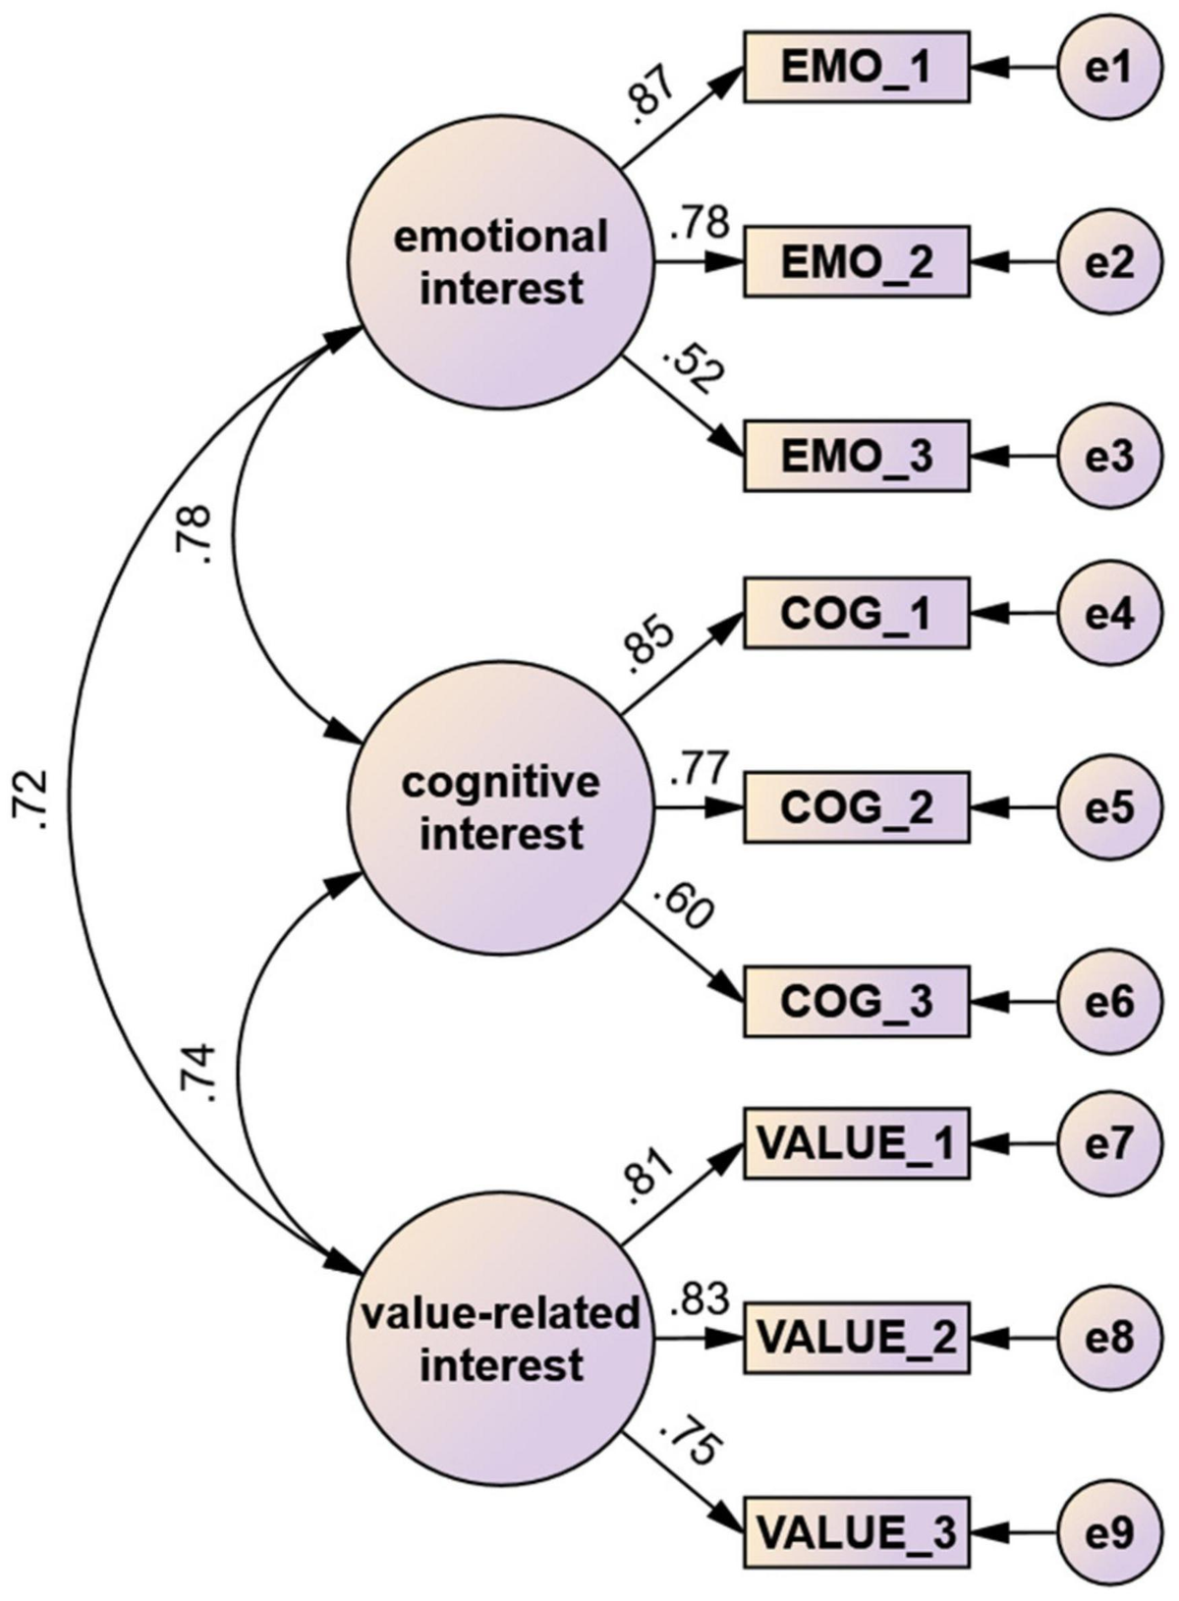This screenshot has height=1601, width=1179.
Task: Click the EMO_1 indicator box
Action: point(856,68)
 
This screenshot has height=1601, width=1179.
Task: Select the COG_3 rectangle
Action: point(856,1001)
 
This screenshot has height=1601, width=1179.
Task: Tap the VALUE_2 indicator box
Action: point(856,1337)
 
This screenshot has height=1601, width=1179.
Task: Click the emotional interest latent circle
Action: point(501,262)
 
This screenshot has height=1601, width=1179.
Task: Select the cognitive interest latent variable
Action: point(501,807)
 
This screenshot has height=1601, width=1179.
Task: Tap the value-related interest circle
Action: point(501,1337)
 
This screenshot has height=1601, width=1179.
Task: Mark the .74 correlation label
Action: point(197,1076)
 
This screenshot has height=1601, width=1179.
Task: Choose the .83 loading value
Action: point(699,1301)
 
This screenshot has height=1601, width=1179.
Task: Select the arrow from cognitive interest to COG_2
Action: point(700,809)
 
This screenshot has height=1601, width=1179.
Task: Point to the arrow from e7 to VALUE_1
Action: point(1017,1144)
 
